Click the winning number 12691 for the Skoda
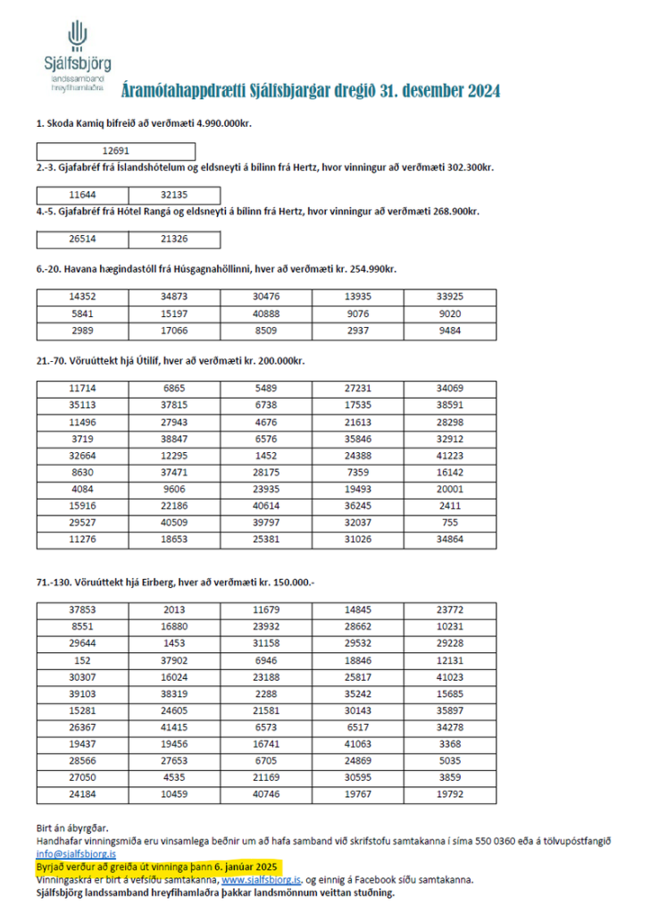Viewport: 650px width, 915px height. click(x=116, y=151)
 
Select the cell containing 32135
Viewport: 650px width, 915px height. click(x=174, y=194)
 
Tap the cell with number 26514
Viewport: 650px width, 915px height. click(x=83, y=239)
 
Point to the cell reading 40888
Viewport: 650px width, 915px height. click(x=266, y=314)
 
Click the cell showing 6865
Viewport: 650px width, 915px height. click(x=174, y=389)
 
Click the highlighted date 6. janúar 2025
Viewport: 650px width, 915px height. click(x=247, y=867)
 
